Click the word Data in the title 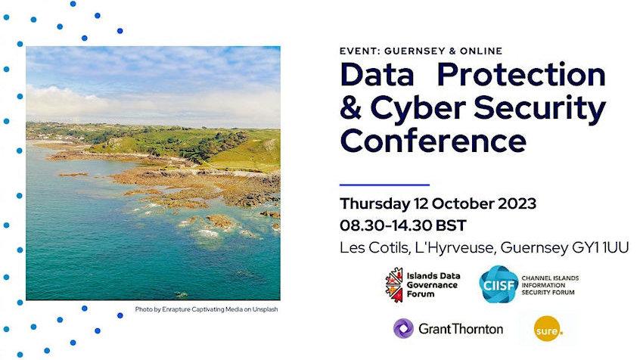(x=377, y=75)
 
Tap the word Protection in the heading (x=521, y=75)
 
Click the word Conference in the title (x=433, y=140)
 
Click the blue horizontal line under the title (x=384, y=185)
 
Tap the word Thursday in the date (x=374, y=203)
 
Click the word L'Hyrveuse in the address (x=455, y=248)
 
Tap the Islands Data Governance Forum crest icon (x=394, y=285)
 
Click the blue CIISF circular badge (x=498, y=284)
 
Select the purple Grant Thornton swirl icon (x=403, y=328)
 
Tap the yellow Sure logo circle (x=548, y=328)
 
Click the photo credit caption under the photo (x=206, y=309)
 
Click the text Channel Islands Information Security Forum (x=550, y=285)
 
